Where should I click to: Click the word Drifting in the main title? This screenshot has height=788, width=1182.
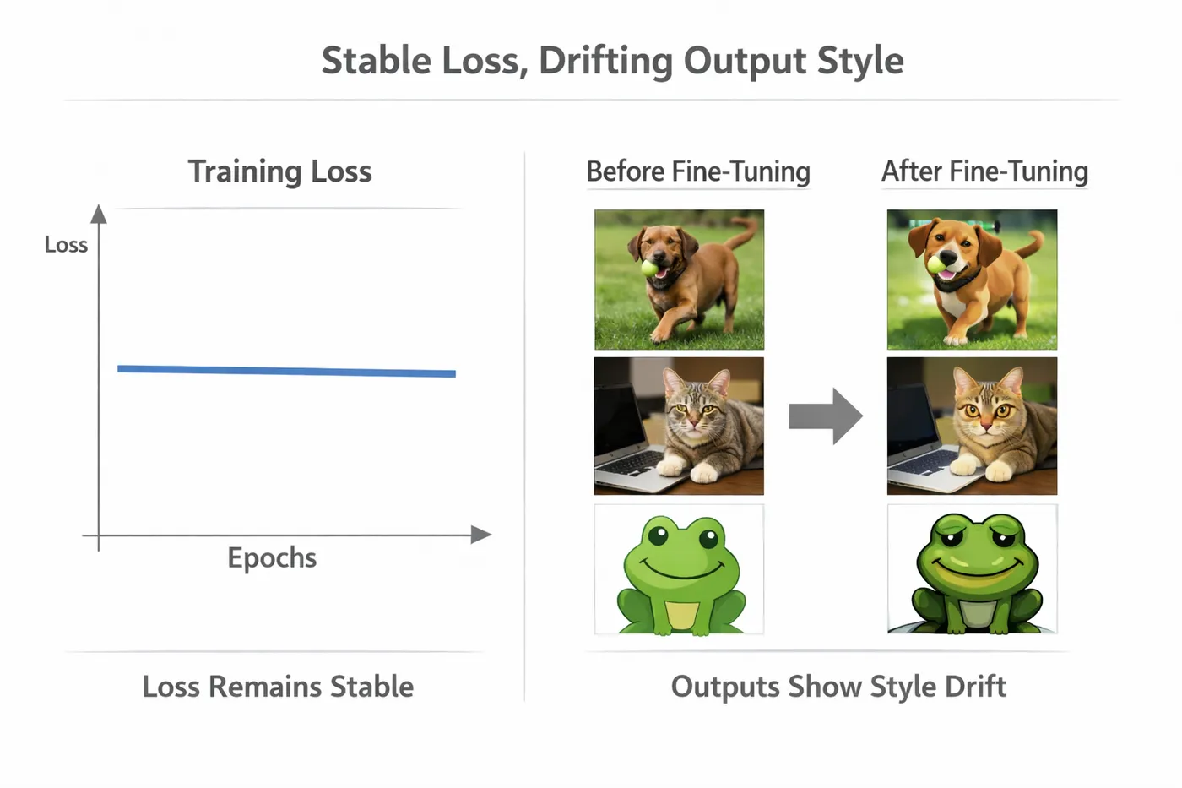point(605,61)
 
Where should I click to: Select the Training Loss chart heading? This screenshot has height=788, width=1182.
point(279,172)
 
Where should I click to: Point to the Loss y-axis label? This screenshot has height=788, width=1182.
point(66,245)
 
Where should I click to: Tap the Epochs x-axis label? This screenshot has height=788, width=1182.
point(272,558)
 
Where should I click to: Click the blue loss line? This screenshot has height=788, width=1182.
point(286,371)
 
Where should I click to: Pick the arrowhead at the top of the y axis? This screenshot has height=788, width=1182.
point(99,214)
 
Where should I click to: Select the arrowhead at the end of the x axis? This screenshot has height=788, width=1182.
point(481,535)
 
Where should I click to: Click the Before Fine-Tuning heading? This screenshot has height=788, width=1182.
point(698,171)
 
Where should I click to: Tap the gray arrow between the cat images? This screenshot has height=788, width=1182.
point(826,416)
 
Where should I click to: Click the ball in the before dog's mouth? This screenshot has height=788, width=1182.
point(650,268)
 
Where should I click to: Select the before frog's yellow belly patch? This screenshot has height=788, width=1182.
point(681,614)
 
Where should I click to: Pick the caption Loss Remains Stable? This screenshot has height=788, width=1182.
point(278,687)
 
